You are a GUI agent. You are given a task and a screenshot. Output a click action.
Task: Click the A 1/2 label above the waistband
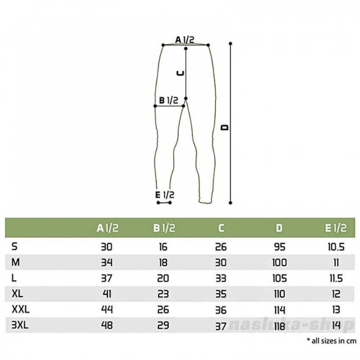(x=185, y=40)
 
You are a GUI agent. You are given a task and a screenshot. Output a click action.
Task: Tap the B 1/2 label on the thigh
(x=169, y=100)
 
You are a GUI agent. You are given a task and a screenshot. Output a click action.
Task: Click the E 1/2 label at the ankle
(x=165, y=195)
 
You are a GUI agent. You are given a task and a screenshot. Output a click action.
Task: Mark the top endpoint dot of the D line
(x=230, y=43)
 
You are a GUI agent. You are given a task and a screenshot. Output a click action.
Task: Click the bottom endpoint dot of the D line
(x=230, y=203)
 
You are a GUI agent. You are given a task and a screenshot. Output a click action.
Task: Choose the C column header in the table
(x=221, y=228)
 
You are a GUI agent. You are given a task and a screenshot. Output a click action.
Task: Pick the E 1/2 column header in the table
(x=336, y=228)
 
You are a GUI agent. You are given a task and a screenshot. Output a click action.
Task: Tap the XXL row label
(x=21, y=310)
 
